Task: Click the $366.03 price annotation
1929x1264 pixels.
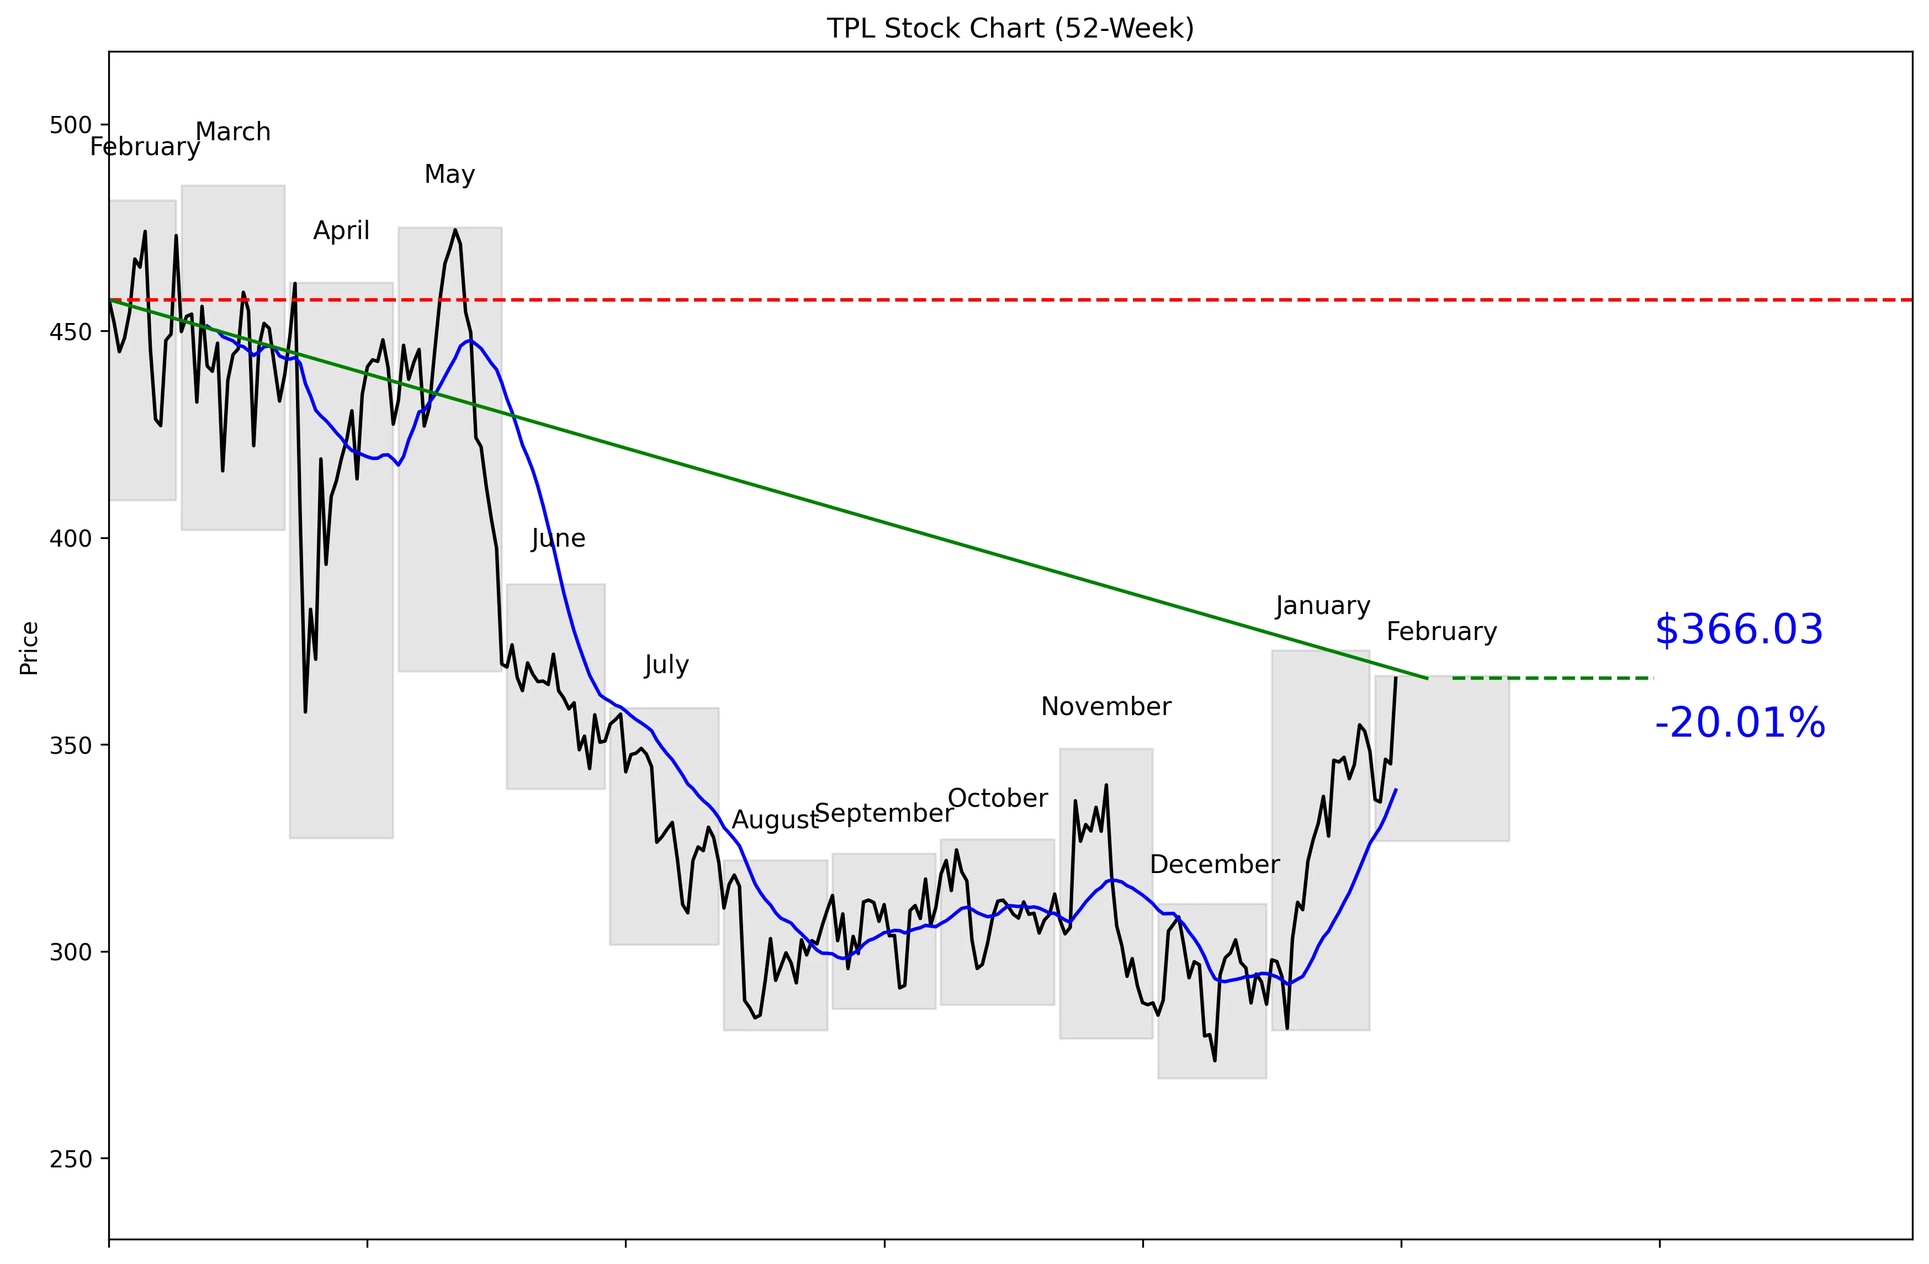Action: pos(1739,630)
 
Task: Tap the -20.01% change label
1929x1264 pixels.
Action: pos(1739,723)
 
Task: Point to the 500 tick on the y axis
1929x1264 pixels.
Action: pos(71,126)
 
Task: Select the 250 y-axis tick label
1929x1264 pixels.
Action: pos(71,1160)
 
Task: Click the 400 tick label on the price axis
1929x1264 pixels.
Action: pos(71,539)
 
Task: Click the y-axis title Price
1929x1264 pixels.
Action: pos(29,648)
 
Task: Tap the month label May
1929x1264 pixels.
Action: pos(449,174)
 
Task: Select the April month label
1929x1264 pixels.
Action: pos(341,231)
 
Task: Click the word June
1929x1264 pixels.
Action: pos(558,539)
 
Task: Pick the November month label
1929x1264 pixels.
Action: pos(1105,707)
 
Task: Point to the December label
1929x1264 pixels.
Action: pos(1214,865)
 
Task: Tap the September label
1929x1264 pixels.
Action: pos(883,813)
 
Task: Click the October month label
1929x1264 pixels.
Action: pos(997,798)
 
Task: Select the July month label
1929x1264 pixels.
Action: pos(666,665)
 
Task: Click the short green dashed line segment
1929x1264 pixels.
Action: pos(1552,678)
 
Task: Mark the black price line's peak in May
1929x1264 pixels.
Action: pos(455,230)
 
